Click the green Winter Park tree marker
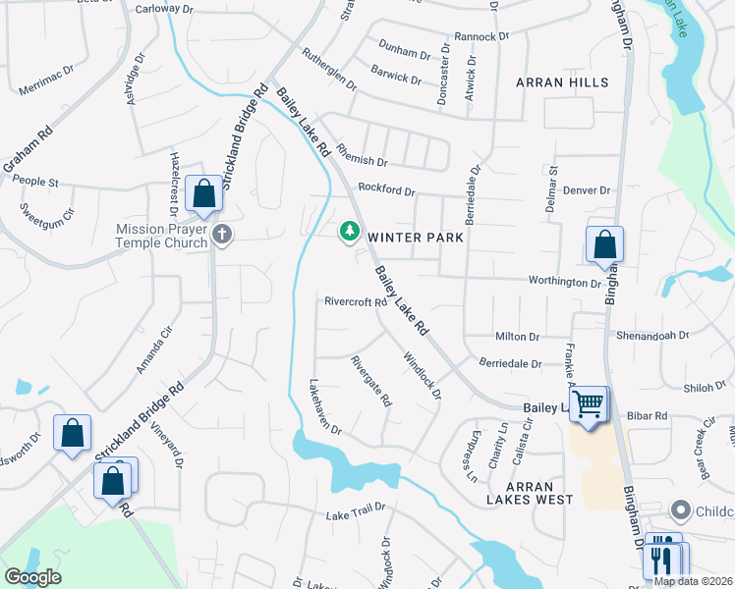[348, 232]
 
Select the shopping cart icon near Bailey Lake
[588, 402]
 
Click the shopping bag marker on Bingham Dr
[605, 245]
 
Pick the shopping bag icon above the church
[203, 194]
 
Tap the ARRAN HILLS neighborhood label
[561, 83]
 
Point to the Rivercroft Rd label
[356, 302]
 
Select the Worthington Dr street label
[567, 283]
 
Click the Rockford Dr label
[387, 188]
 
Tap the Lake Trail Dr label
[354, 515]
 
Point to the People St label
[36, 183]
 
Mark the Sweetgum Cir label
[48, 210]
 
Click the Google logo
[32, 577]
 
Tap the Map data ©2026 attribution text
[694, 581]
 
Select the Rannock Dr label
[483, 36]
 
